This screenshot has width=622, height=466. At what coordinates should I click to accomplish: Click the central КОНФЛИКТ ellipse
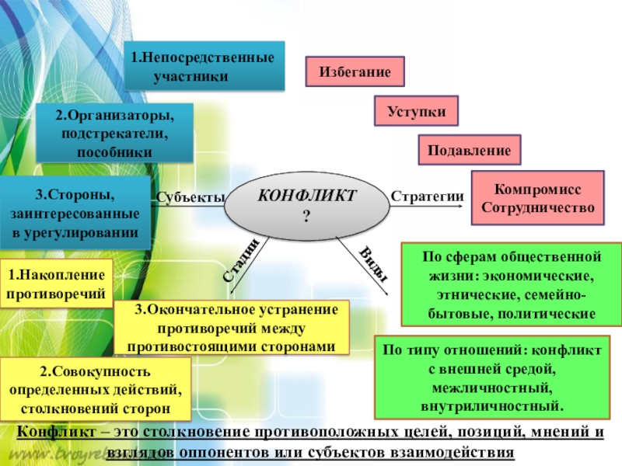point(306,203)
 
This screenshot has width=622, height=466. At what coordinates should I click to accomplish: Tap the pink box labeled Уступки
point(417,111)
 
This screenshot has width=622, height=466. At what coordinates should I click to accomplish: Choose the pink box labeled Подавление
point(470,150)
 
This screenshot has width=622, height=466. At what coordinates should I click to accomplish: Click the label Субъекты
point(190,196)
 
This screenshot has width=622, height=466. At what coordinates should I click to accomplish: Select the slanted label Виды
point(374,265)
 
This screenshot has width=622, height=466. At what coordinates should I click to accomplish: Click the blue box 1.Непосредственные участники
point(205,67)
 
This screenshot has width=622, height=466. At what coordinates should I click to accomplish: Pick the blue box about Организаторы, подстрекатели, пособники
point(114,134)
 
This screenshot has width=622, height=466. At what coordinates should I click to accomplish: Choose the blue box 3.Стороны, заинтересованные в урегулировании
point(75,212)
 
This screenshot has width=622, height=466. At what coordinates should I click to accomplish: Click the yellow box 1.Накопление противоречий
point(56,283)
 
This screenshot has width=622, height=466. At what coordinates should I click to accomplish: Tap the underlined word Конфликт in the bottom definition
point(51,434)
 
